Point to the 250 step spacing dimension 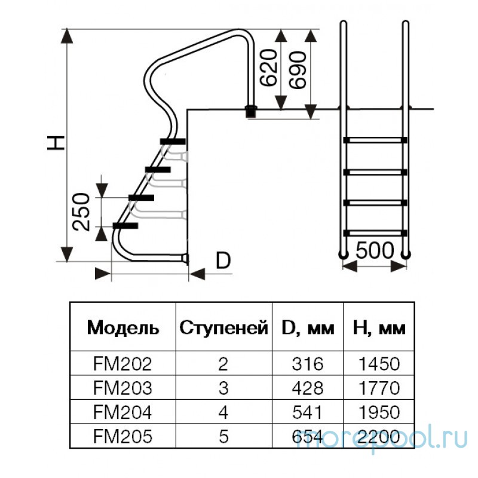coord(82,212)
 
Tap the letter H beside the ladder coord(55,142)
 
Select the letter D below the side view coord(223,261)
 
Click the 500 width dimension coord(375,250)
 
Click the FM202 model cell coord(123,364)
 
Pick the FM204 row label coord(123,413)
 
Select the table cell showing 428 coord(307,388)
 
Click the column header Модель coord(123,327)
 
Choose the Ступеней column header coord(223,327)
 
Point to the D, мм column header coord(307,327)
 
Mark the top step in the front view coord(375,140)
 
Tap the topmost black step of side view coord(173,141)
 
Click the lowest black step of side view coord(125,225)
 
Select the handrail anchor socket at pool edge coord(252,111)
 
